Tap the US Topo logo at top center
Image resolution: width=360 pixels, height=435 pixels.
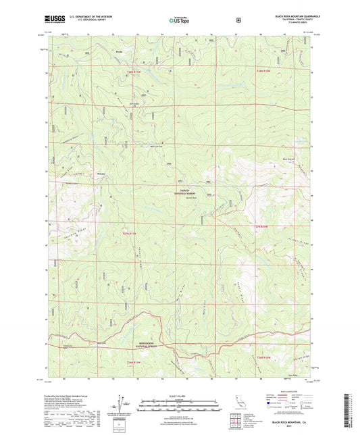(178, 21)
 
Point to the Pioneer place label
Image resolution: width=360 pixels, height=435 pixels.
(101, 174)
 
